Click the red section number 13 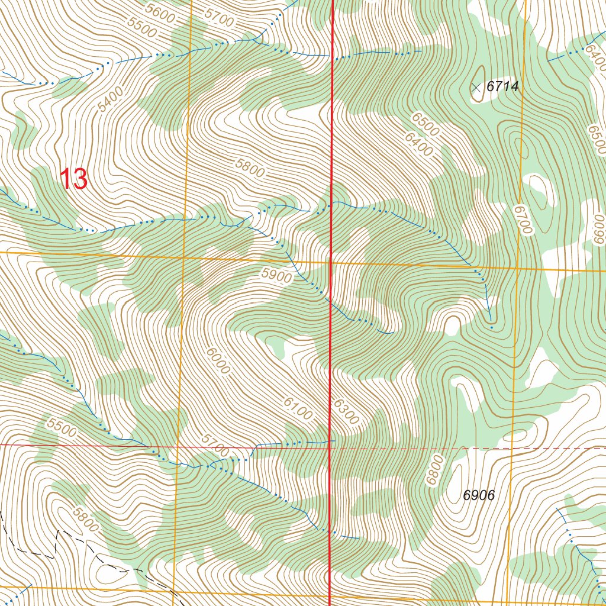(75, 179)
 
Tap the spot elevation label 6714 (502, 86)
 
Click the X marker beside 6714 (476, 88)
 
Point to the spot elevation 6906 (479, 496)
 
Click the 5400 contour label (111, 99)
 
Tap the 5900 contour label (276, 276)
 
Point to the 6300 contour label (346, 411)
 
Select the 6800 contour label (434, 470)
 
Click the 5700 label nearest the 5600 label (218, 18)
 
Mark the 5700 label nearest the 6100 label (214, 445)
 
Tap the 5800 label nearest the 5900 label (249, 169)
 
